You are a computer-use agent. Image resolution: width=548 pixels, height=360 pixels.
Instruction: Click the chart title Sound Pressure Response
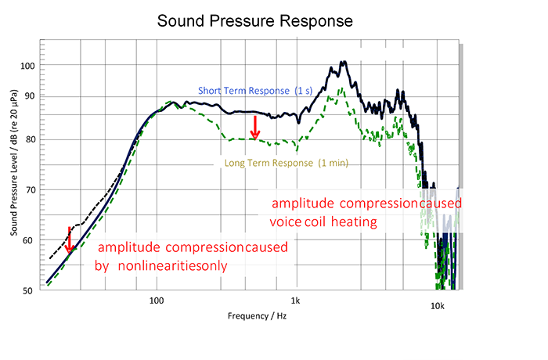click(254, 21)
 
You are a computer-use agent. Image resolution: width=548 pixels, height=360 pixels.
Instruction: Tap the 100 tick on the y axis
click(27, 66)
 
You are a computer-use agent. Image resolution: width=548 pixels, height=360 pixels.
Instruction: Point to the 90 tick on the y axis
click(30, 95)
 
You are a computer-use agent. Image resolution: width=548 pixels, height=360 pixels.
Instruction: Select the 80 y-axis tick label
click(30, 139)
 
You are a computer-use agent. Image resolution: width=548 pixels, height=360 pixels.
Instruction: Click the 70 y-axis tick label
click(30, 190)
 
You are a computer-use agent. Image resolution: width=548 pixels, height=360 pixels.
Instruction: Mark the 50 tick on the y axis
click(27, 291)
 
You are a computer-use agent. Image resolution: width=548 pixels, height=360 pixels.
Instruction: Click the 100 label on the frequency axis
click(157, 301)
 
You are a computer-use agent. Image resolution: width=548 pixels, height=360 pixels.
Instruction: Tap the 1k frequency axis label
click(295, 301)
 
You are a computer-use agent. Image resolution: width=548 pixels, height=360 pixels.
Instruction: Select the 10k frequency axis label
click(437, 306)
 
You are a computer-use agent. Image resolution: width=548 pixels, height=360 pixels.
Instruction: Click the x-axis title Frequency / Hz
click(258, 316)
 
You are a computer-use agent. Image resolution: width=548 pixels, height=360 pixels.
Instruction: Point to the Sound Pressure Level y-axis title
click(13, 163)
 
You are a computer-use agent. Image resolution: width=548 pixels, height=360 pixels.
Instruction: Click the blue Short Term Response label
click(255, 91)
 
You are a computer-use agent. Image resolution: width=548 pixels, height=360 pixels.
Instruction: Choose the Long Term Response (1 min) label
click(287, 163)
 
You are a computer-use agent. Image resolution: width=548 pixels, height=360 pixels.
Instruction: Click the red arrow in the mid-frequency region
click(255, 128)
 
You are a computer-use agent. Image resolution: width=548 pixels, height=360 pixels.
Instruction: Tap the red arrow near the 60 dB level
click(69, 239)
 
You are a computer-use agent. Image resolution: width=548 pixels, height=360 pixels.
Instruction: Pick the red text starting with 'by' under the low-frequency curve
click(160, 265)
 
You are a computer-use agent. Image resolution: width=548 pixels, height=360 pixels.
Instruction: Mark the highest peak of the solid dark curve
click(344, 62)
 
